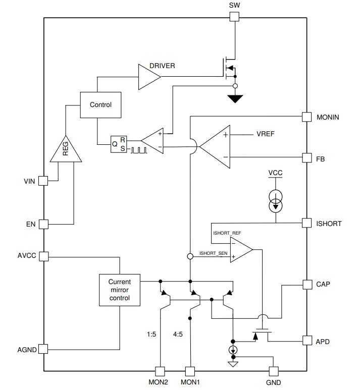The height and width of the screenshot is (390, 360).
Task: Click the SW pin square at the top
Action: click(x=234, y=17)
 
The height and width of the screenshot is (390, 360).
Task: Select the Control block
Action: click(x=100, y=105)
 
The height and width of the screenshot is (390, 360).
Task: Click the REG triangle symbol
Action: click(x=66, y=150)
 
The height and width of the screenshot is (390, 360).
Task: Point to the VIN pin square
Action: click(x=43, y=181)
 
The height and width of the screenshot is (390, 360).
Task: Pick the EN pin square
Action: click(x=43, y=224)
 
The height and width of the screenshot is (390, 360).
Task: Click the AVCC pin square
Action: click(x=43, y=256)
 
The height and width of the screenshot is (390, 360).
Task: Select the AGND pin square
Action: click(x=43, y=349)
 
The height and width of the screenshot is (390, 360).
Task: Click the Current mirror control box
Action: click(x=120, y=290)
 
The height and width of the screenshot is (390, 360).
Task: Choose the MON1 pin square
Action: click(x=190, y=371)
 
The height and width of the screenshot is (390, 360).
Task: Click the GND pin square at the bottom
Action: click(x=274, y=371)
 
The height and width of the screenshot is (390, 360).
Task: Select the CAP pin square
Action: click(x=306, y=284)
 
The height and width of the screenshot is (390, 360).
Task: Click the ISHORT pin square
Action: click(x=306, y=223)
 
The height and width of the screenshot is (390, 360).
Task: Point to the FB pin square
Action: click(x=306, y=158)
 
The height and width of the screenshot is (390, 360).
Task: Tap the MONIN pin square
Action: click(x=306, y=117)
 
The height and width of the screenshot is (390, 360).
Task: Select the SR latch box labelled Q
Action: click(x=119, y=143)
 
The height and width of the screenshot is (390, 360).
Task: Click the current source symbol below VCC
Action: click(x=275, y=200)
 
